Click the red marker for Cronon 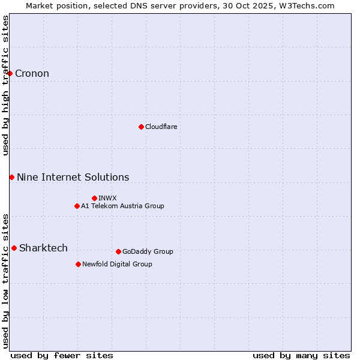tap(10, 74)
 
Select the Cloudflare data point tap(141, 127)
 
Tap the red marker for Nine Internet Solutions tap(11, 177)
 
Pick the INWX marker tap(94, 198)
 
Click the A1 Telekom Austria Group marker tap(77, 206)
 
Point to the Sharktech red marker tap(14, 248)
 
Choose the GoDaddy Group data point tap(118, 251)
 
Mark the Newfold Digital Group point tap(78, 264)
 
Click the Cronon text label tap(32, 74)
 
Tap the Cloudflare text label tap(161, 127)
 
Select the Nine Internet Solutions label tap(73, 177)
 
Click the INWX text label tap(107, 198)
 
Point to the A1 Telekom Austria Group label tap(122, 206)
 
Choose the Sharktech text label tap(43, 248)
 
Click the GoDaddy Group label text tap(148, 251)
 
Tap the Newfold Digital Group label tap(117, 264)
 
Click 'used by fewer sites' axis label tap(62, 355)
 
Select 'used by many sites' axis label tap(301, 355)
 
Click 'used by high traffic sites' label tap(6, 85)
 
